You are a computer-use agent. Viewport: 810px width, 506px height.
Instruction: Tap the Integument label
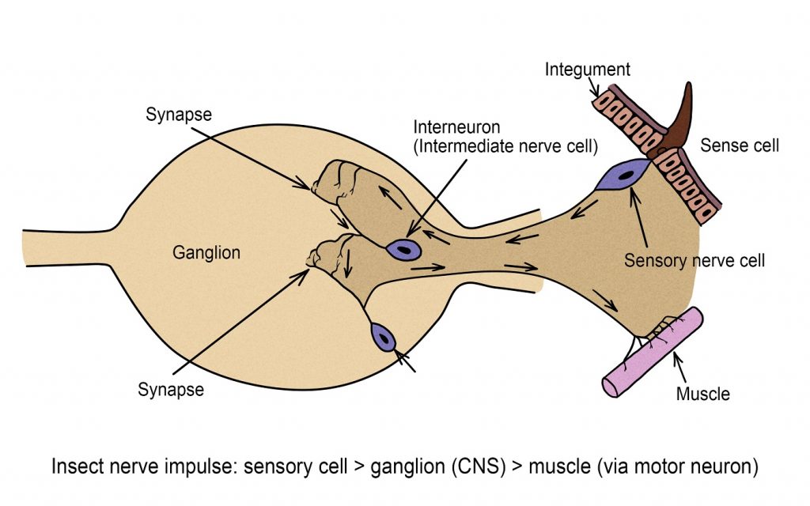[588, 70]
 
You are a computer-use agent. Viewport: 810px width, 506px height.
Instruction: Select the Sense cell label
[740, 145]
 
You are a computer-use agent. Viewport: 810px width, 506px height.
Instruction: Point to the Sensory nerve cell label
[694, 260]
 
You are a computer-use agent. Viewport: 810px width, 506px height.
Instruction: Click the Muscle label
[702, 393]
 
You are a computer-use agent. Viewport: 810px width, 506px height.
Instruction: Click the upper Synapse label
[179, 114]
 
